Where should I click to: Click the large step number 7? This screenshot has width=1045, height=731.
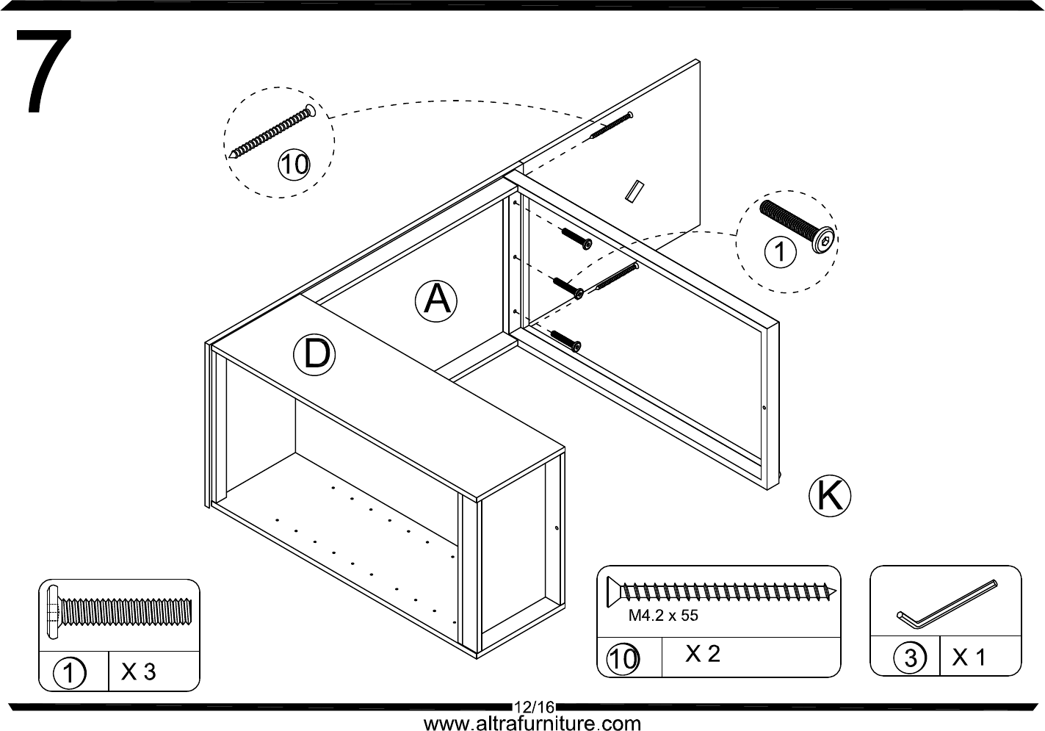click(x=44, y=71)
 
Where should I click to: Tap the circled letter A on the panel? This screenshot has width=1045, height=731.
click(x=436, y=301)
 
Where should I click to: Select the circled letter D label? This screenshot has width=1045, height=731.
click(x=314, y=355)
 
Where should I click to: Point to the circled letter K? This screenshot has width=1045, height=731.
click(x=830, y=496)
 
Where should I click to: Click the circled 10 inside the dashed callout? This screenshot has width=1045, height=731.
click(x=294, y=165)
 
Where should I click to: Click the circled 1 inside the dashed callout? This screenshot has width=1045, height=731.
click(x=780, y=252)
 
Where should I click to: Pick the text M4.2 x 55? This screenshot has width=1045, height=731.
click(x=663, y=616)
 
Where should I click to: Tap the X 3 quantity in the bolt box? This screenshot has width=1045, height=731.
click(x=138, y=671)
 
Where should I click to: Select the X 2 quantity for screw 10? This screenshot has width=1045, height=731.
click(x=703, y=654)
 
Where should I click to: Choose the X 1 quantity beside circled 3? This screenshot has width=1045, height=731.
click(x=969, y=658)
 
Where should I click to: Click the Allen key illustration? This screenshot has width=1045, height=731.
click(x=947, y=604)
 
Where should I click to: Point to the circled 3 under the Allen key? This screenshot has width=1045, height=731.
click(x=910, y=658)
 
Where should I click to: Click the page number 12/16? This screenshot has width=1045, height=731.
click(x=534, y=707)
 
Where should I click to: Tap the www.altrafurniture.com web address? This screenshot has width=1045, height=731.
click(x=532, y=723)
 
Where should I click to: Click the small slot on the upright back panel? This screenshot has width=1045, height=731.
click(x=634, y=192)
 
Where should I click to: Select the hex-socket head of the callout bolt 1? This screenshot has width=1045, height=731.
click(x=823, y=240)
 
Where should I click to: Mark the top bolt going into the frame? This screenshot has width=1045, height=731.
click(x=576, y=239)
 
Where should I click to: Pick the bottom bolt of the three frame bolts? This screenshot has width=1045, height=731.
click(x=566, y=341)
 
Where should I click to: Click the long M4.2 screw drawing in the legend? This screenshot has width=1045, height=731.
click(x=721, y=592)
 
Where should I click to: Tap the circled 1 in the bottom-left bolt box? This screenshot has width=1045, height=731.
click(x=70, y=673)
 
